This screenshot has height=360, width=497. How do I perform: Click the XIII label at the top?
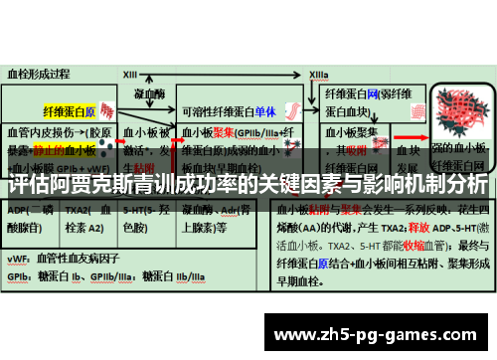coord(130,74)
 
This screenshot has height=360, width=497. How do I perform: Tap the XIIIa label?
coord(318,74)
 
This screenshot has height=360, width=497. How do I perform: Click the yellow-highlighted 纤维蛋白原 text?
coord(70,110)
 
